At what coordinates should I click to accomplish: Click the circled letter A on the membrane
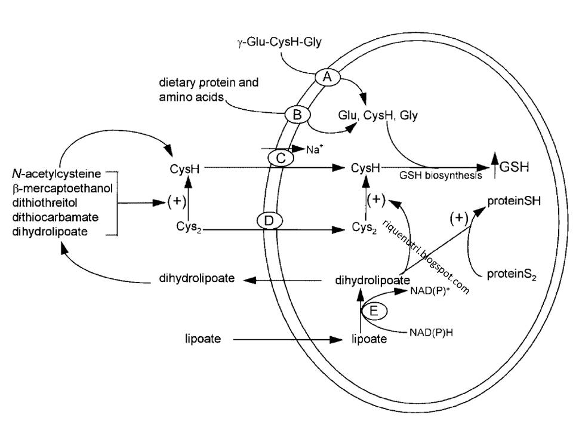(328, 77)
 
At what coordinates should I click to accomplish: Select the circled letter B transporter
(297, 115)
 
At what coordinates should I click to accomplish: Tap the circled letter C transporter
(281, 158)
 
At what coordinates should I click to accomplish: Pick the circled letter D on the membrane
(269, 221)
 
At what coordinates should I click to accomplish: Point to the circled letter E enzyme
(374, 311)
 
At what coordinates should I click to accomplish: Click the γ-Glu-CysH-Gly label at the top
(279, 42)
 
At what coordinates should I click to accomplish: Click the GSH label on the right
(514, 167)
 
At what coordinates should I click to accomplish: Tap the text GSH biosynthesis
(440, 176)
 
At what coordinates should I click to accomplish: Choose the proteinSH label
(514, 201)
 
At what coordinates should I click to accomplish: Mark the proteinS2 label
(512, 274)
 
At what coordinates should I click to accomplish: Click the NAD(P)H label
(431, 333)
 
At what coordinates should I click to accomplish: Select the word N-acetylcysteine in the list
(57, 173)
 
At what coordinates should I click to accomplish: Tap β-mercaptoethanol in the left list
(63, 188)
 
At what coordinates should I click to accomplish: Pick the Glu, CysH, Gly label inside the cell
(378, 115)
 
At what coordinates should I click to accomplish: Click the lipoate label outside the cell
(203, 339)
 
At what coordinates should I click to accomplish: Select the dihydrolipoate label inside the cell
(372, 281)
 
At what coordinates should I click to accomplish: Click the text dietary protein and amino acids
(209, 90)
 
